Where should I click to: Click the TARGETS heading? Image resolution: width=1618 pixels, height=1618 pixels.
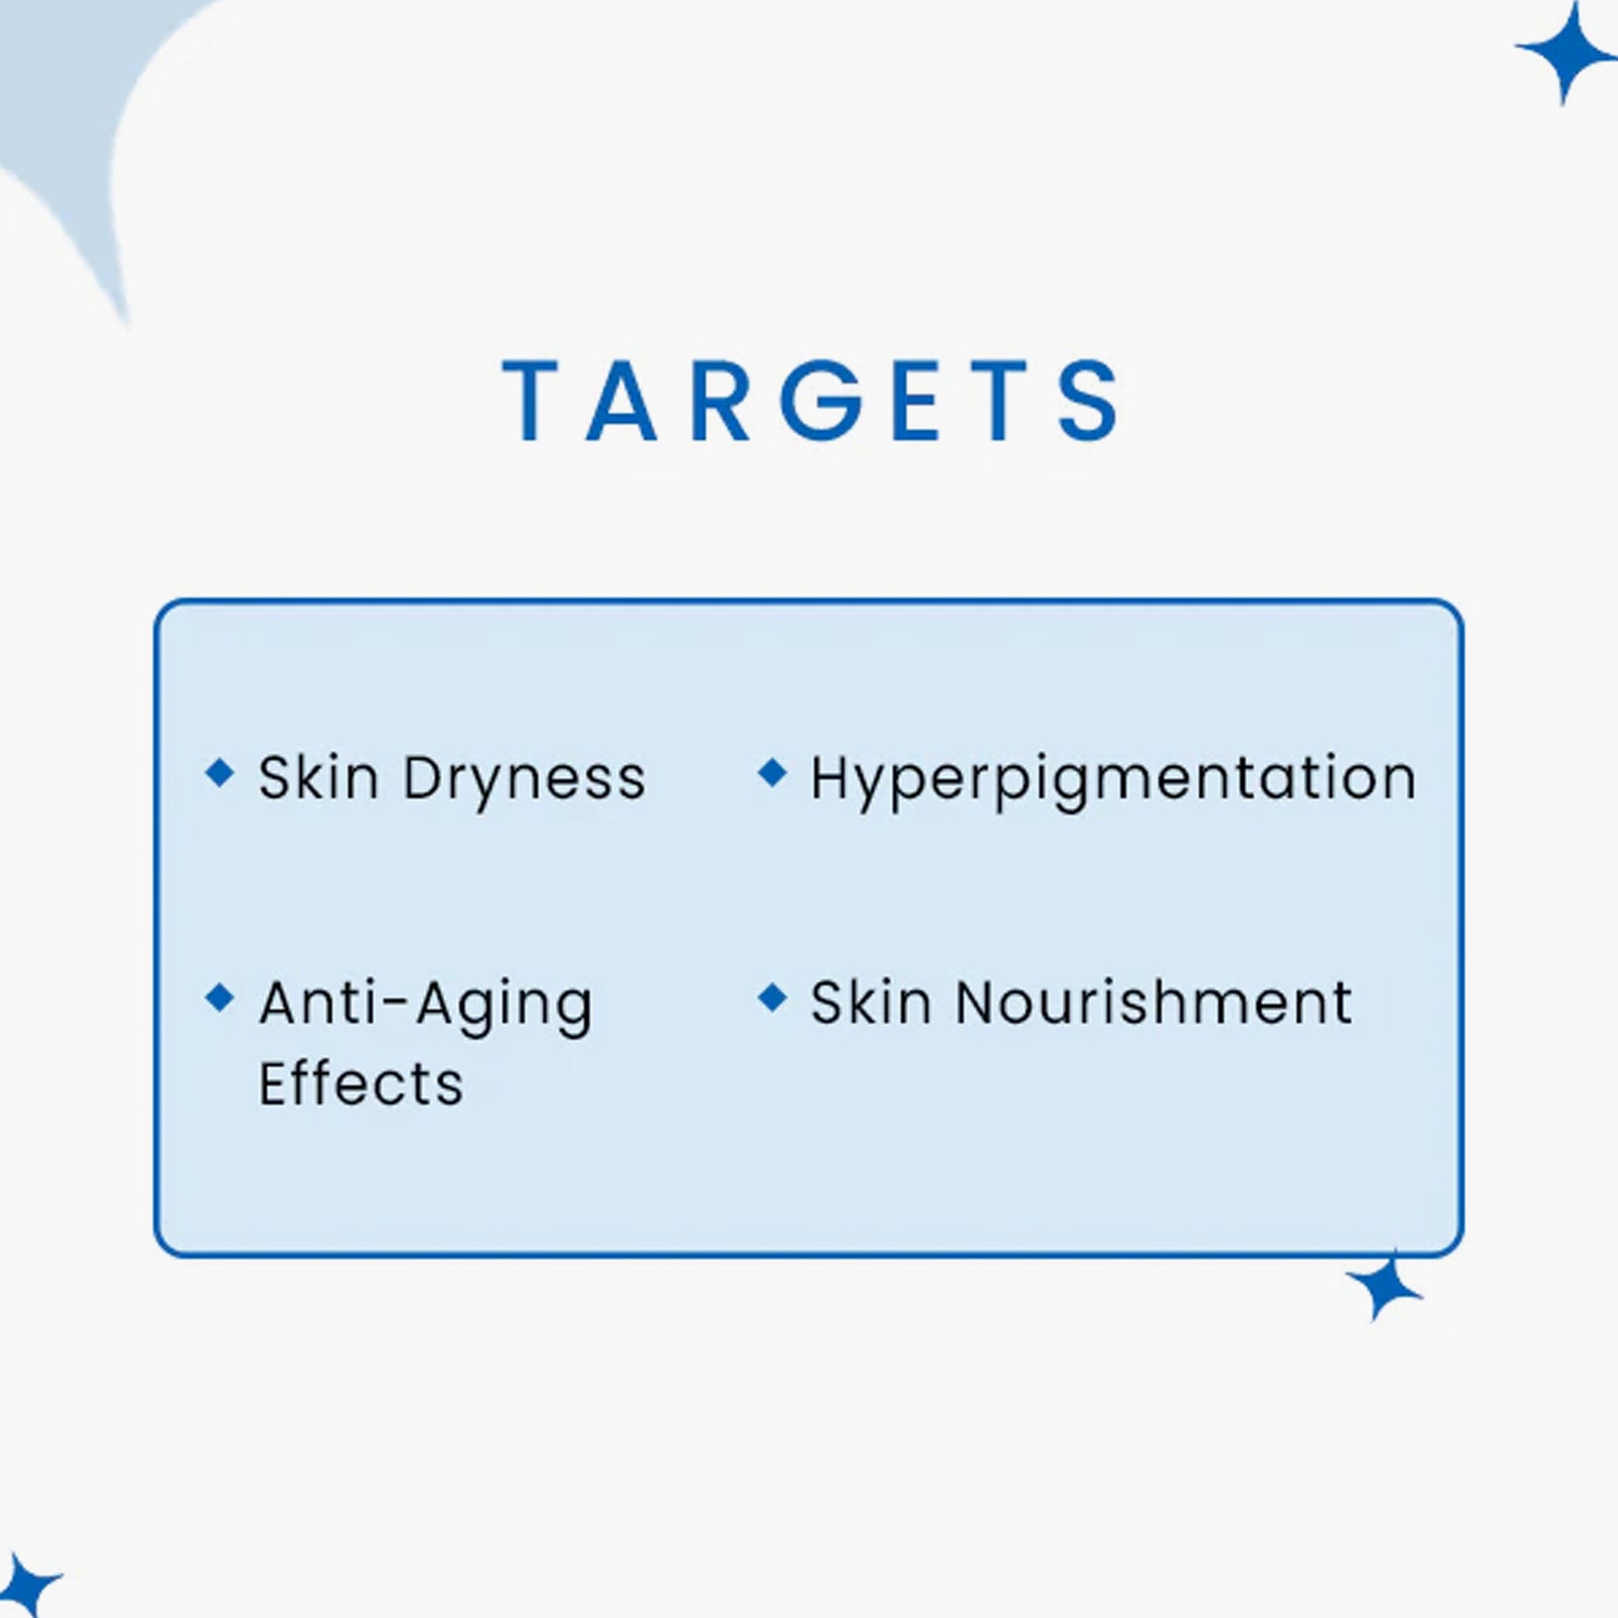(811, 400)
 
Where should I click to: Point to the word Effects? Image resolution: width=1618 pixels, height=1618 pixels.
(361, 1083)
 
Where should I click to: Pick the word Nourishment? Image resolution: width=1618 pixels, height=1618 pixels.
(1154, 1002)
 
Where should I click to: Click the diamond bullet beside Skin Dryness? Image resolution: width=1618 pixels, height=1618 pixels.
(219, 773)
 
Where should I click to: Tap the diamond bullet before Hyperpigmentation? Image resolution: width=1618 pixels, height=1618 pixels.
(772, 773)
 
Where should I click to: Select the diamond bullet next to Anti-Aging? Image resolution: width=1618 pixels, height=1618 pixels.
(219, 998)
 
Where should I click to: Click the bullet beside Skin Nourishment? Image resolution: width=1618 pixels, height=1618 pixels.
(772, 998)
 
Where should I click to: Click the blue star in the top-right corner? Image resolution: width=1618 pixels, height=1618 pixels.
(1564, 51)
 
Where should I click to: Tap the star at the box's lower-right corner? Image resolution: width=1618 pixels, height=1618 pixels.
(1384, 1287)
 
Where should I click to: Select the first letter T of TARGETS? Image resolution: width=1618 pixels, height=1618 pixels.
(532, 400)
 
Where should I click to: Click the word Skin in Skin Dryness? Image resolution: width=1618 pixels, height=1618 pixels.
(319, 777)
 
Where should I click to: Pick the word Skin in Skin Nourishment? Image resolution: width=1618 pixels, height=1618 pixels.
(870, 1002)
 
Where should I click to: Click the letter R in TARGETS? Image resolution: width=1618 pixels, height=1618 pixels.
(720, 400)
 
